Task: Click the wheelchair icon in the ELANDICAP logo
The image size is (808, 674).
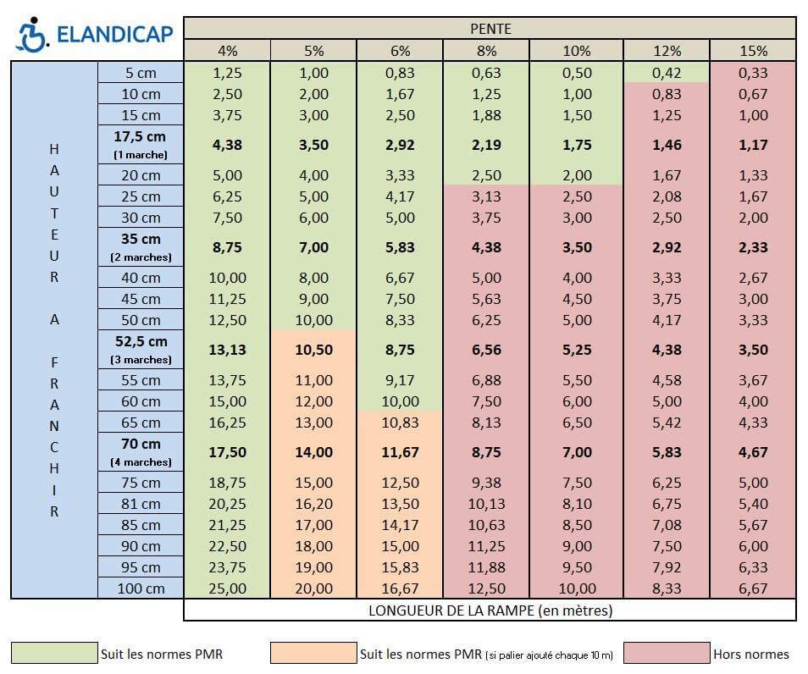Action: pos(32,33)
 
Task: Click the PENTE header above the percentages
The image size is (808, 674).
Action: pos(490,29)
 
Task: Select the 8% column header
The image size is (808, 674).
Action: pos(486,51)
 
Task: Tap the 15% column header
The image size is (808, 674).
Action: pos(752,51)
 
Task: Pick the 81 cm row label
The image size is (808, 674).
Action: pos(141,504)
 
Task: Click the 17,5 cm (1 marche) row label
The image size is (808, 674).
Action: pos(141,145)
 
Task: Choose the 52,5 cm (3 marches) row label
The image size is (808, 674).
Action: pos(141,350)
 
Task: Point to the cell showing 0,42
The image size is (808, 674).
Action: pos(666,73)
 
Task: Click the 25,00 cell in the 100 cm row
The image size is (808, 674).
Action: pos(226,588)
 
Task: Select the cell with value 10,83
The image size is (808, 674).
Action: pos(400,423)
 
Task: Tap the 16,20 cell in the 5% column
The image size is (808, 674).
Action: pos(313,504)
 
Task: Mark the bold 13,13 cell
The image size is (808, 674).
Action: pos(226,350)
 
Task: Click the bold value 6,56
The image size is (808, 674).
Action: pos(486,350)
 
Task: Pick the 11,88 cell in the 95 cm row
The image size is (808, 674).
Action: pos(486,567)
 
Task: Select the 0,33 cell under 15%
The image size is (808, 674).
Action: pos(752,73)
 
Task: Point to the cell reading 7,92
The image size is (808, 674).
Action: pos(666,567)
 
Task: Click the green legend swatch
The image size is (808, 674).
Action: pos(54,654)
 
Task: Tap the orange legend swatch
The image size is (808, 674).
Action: pos(313,654)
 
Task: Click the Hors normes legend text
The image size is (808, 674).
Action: pos(750,654)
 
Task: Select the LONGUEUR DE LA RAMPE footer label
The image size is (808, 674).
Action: pos(490,610)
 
